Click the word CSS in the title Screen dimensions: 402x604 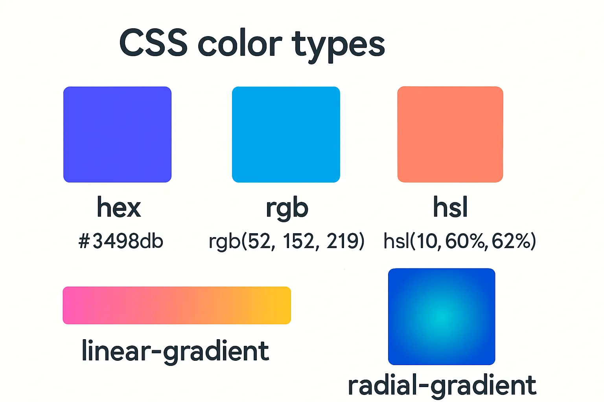tap(153, 43)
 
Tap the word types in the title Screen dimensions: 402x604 tap(338, 45)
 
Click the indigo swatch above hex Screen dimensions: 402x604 tap(117, 134)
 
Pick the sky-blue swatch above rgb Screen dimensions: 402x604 tap(286, 134)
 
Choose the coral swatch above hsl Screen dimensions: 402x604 tap(450, 134)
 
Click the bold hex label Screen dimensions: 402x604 tap(119, 207)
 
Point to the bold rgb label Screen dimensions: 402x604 tap(287, 208)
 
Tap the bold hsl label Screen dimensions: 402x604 tap(450, 207)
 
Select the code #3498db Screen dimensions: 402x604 tap(121, 241)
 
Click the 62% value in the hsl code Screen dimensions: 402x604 tap(511, 241)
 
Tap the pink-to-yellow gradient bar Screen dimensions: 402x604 tap(177, 305)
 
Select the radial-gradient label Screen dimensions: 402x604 tap(442, 386)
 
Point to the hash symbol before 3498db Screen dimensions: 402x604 tap(84, 241)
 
